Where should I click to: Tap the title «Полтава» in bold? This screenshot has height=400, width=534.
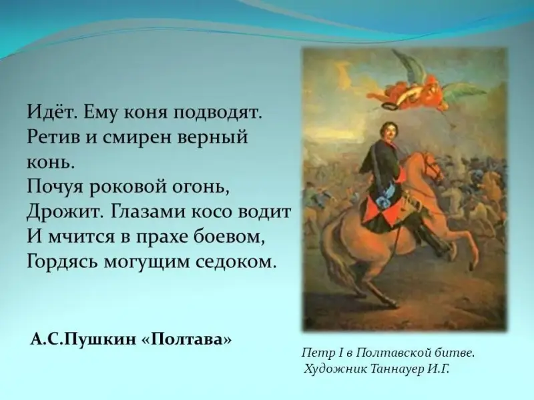186,339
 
